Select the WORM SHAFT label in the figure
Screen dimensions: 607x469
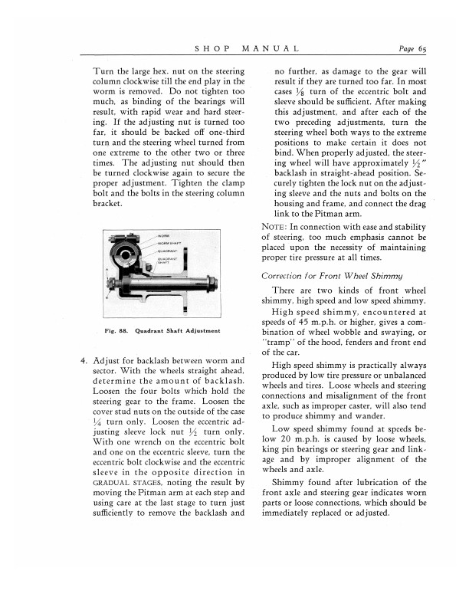tap(167, 242)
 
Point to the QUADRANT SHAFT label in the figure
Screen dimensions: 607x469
tap(168, 259)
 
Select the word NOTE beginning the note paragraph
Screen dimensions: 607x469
tap(272, 225)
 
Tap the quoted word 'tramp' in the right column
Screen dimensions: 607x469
tap(277, 342)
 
